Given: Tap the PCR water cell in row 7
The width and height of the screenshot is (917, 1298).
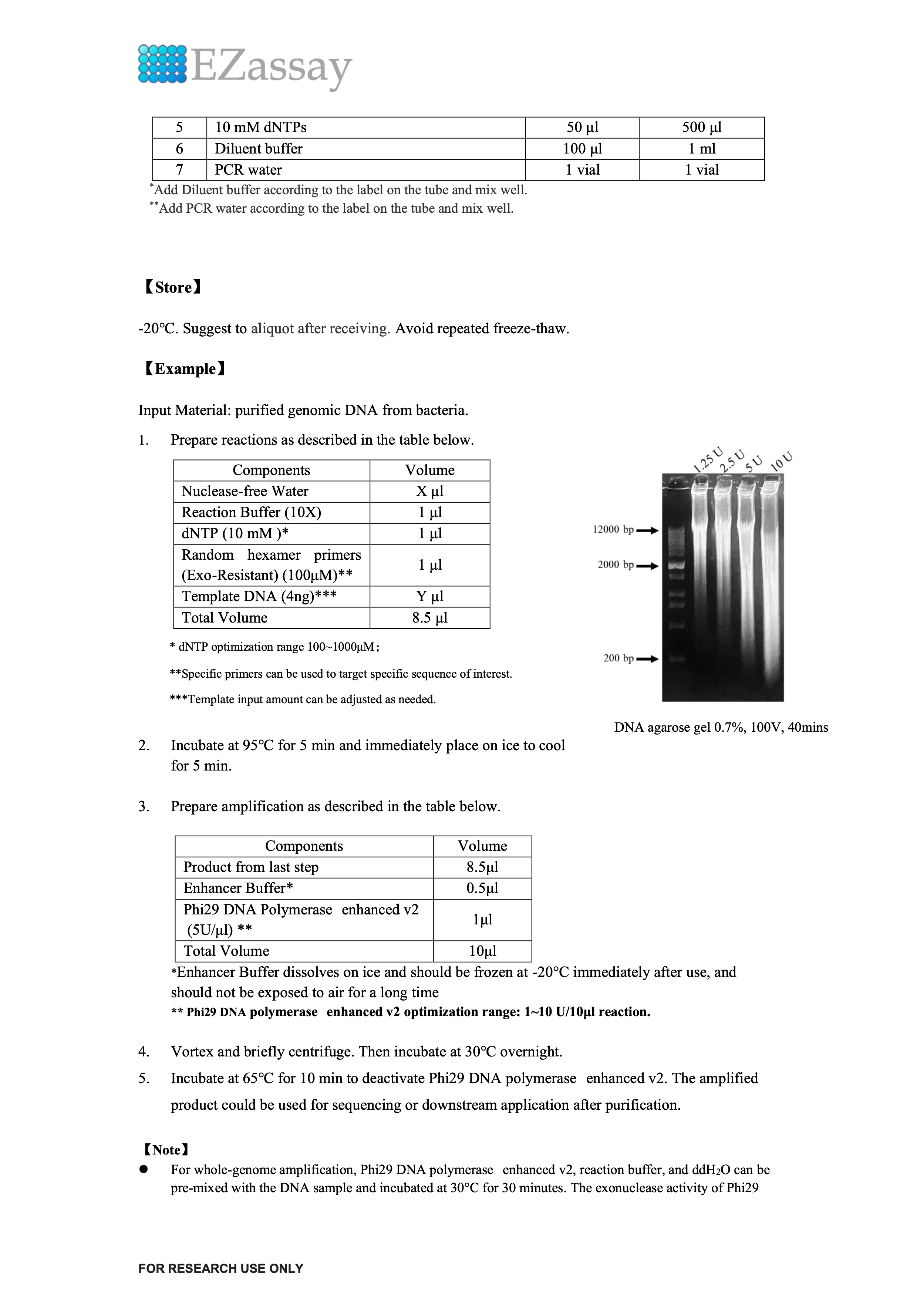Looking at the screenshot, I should tap(248, 169).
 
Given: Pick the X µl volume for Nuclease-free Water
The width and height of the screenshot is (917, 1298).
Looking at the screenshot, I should tap(430, 491).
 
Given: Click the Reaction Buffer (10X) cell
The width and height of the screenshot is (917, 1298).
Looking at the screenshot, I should tap(251, 512).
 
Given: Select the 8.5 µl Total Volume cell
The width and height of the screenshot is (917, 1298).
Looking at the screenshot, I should tap(430, 617).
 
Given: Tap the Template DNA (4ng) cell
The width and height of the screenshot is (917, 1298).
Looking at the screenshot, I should tap(259, 596).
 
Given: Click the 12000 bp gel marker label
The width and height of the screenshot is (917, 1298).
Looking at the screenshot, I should tap(613, 530).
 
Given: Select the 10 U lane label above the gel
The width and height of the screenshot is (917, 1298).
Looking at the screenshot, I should tap(782, 461).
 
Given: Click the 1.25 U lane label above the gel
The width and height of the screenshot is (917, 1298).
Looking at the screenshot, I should tap(708, 460).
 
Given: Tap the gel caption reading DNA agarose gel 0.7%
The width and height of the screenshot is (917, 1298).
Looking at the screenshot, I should tap(721, 728).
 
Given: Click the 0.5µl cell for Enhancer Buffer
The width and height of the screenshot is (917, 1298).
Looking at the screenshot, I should tap(482, 888).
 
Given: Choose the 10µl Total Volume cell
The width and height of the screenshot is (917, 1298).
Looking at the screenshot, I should tap(482, 951).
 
